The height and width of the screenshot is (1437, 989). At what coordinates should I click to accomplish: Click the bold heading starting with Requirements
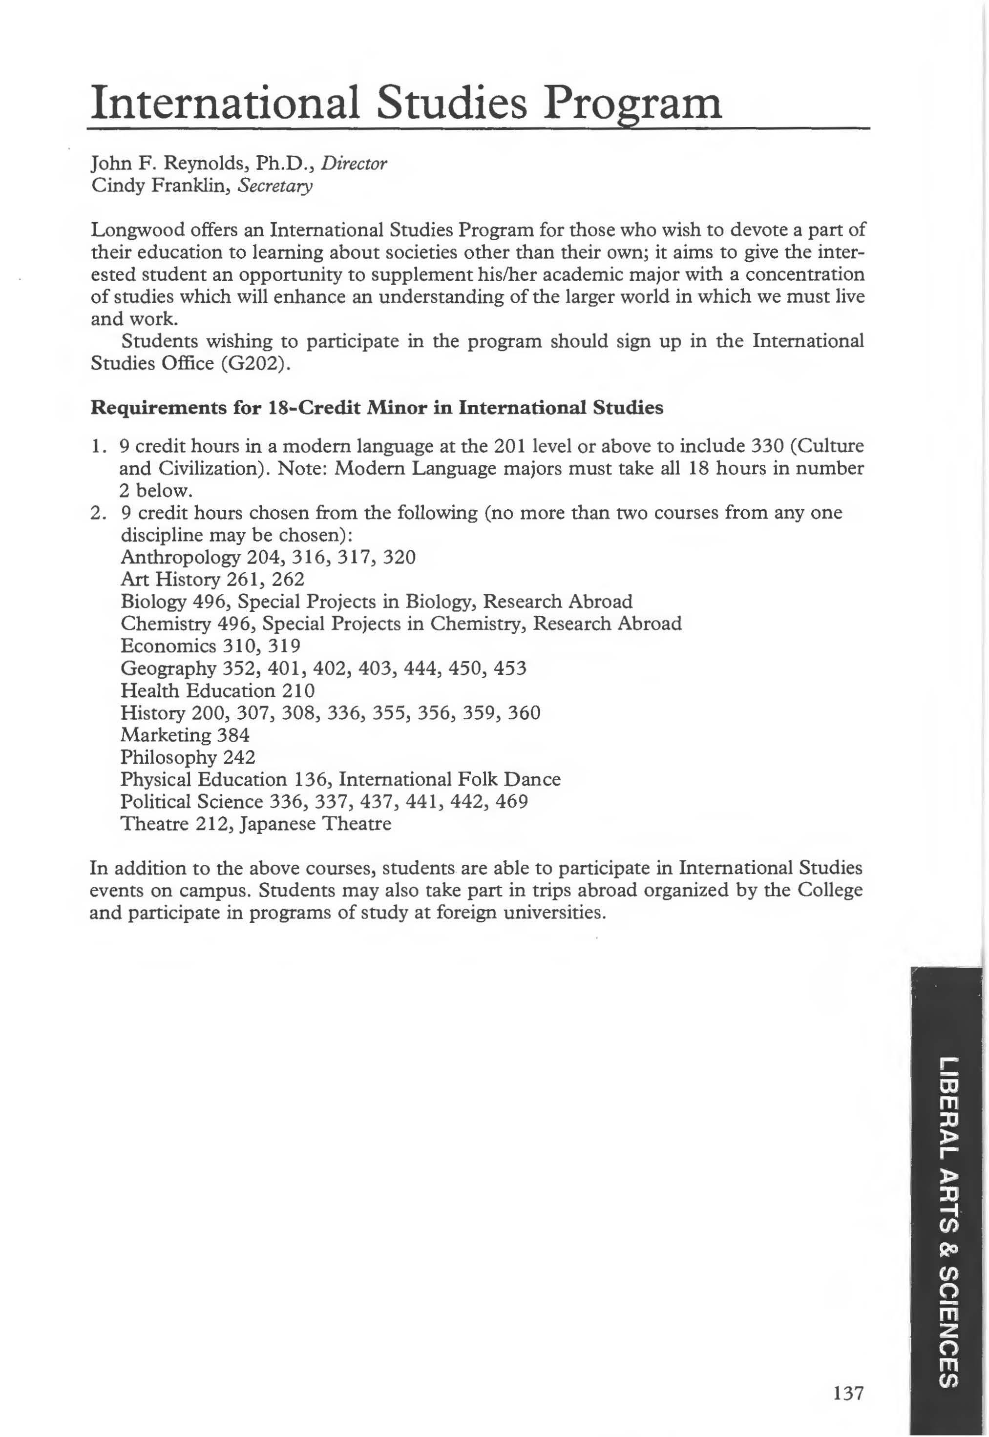377,408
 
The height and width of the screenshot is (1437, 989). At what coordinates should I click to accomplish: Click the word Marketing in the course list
166,735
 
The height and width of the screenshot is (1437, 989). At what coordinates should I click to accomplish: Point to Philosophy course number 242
238,757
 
